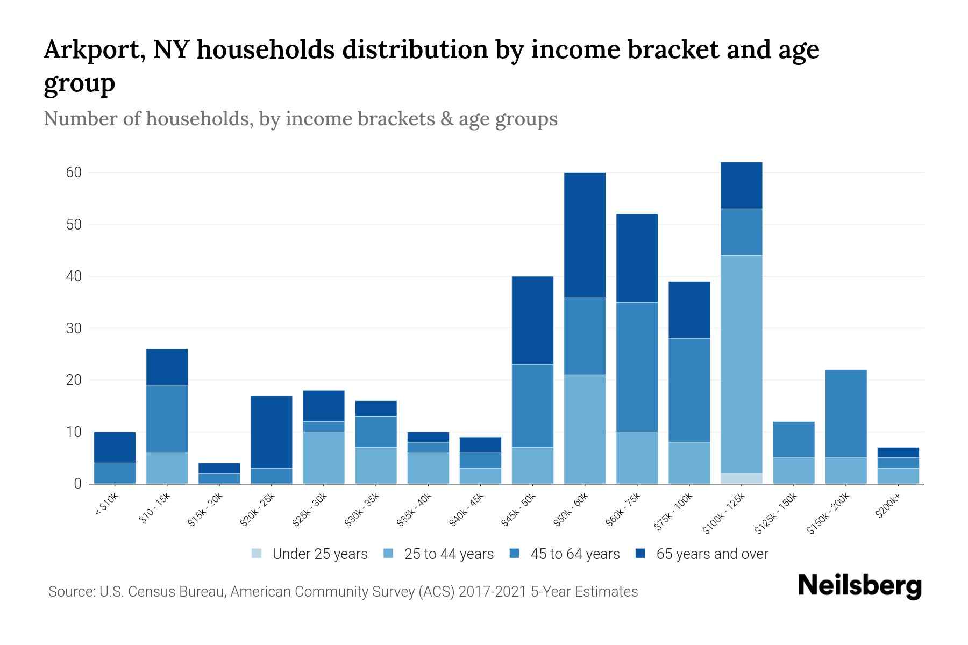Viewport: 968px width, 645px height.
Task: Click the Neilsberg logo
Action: (859, 586)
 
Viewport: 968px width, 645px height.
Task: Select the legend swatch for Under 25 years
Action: (257, 554)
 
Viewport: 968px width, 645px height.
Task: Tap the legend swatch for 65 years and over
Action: (640, 554)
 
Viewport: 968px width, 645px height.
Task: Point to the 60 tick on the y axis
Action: (74, 173)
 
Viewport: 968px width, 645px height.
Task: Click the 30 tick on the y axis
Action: (74, 328)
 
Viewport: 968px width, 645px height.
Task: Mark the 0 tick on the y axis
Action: (78, 484)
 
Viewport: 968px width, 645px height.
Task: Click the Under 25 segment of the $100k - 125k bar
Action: (742, 478)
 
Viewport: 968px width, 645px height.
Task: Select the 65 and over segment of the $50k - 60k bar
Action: (585, 234)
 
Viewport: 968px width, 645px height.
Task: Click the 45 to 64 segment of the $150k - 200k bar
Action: (846, 413)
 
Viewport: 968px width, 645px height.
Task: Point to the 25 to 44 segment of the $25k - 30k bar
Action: (324, 457)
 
